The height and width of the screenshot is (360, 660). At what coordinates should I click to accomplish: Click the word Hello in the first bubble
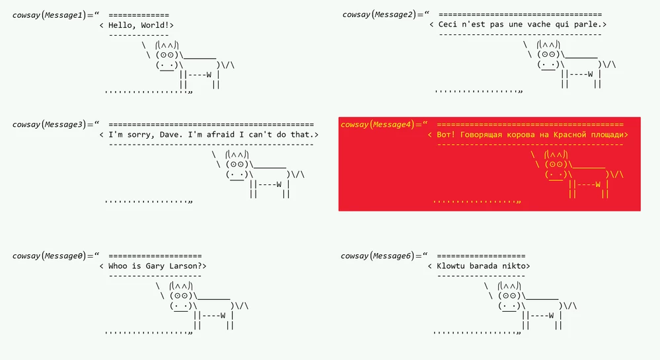[x=122, y=25]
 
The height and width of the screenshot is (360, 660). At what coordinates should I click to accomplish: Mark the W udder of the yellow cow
[x=597, y=185]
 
